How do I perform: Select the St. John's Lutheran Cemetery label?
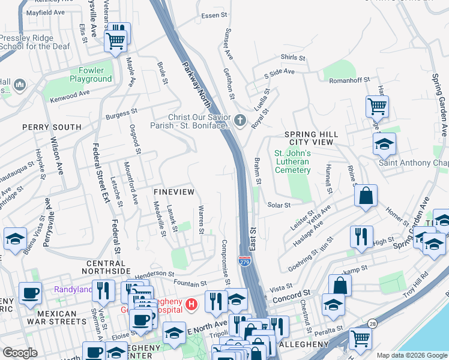(x=292, y=161)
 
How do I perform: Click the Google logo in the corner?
(x=20, y=352)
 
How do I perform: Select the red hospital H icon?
(x=191, y=305)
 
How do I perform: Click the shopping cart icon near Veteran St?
(x=115, y=41)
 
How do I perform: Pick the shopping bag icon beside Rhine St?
(x=365, y=196)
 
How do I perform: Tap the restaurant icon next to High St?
(x=361, y=238)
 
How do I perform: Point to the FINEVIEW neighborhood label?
(x=173, y=191)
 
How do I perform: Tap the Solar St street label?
(x=279, y=205)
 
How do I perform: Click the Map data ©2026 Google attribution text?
(x=412, y=355)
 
